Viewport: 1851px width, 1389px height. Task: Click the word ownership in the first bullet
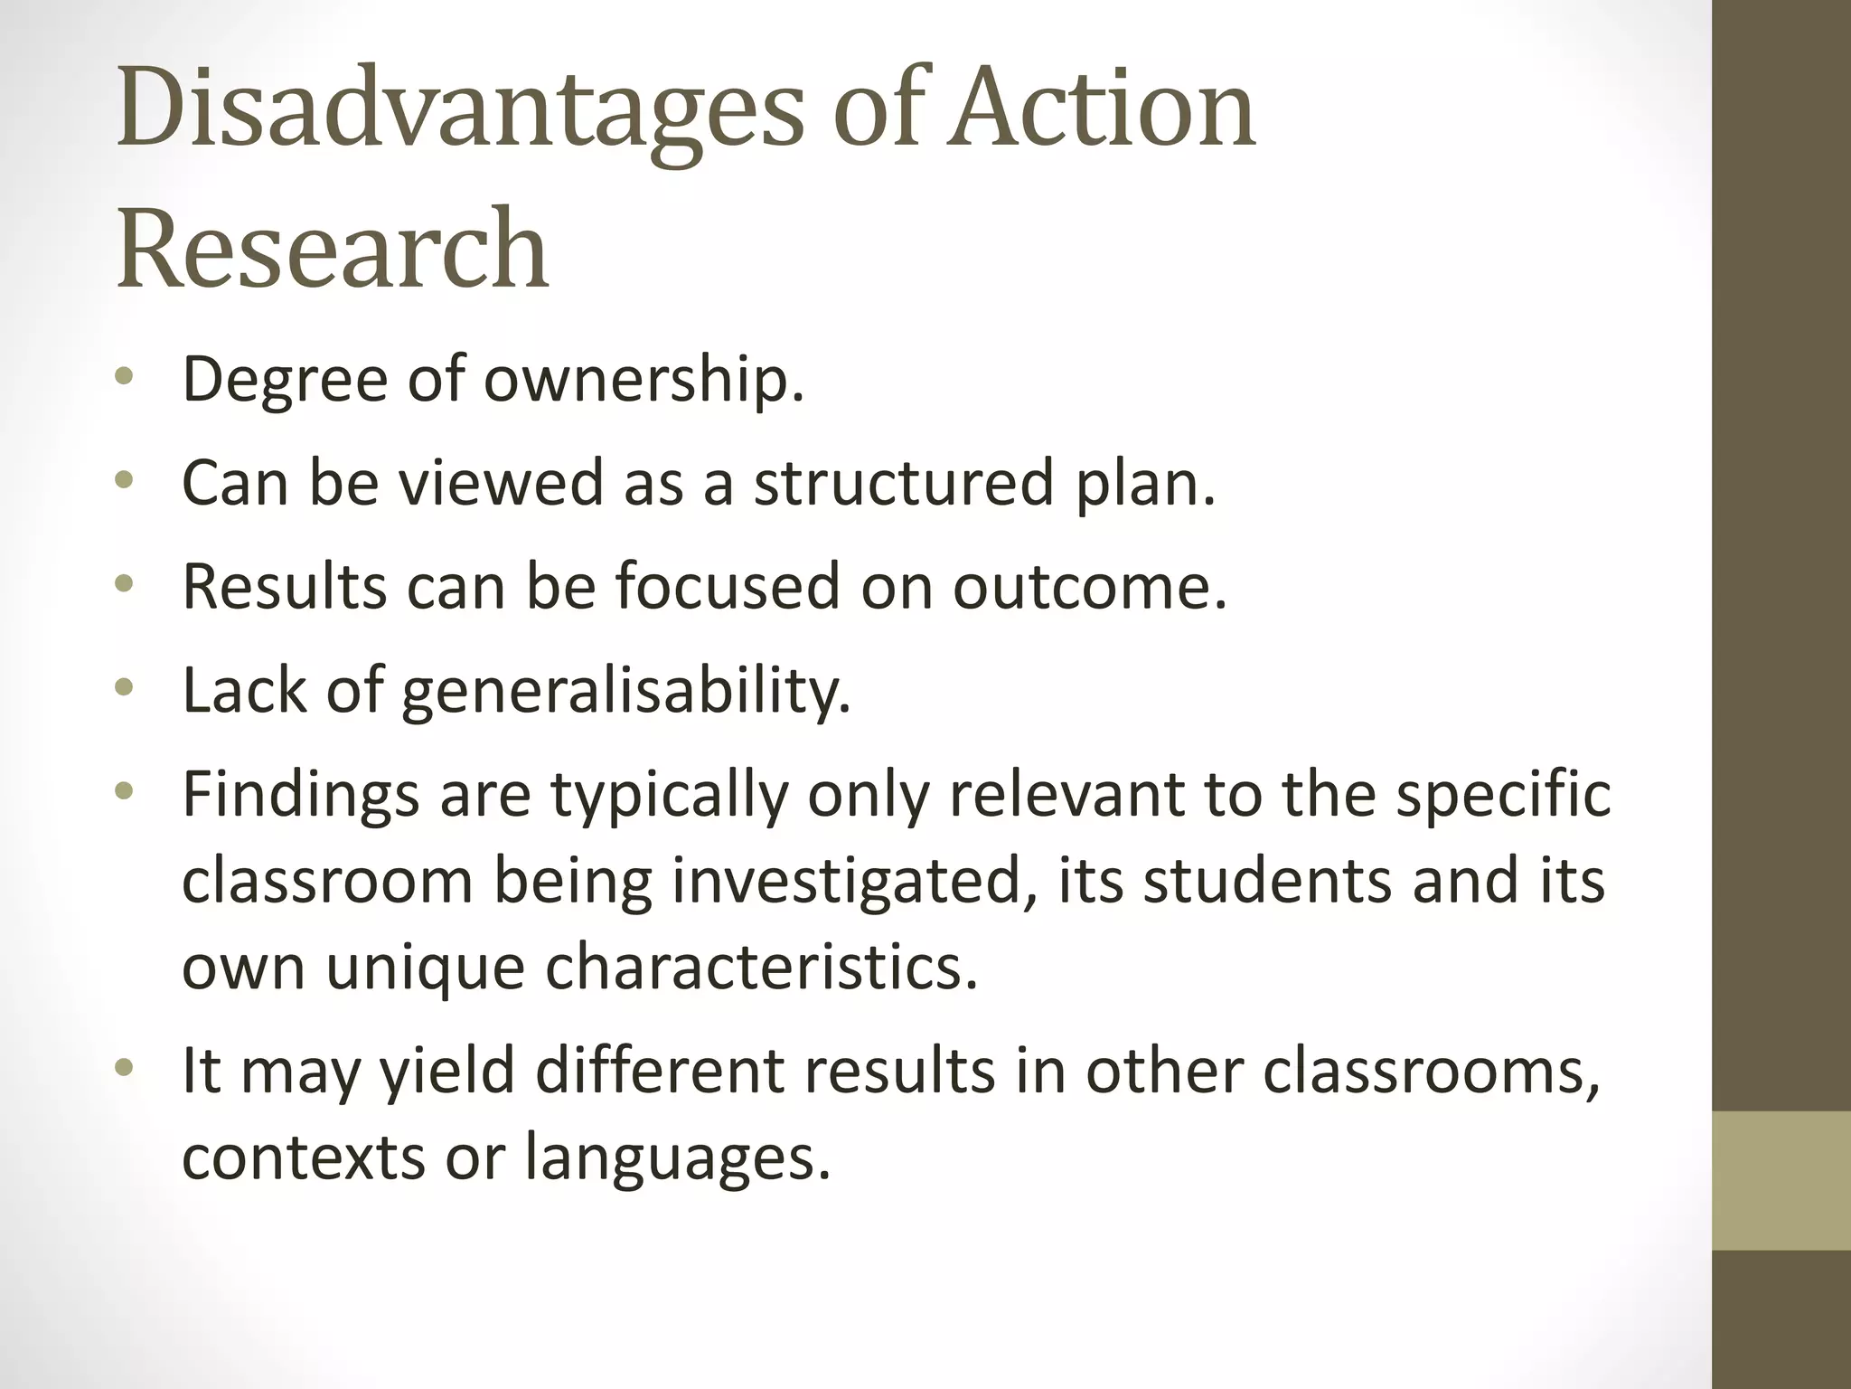pyautogui.click(x=644, y=380)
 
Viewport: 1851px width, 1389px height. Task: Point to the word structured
pyautogui.click(x=904, y=482)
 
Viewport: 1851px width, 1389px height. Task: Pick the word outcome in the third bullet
pyautogui.click(x=1089, y=586)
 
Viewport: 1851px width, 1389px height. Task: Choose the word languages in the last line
pyautogui.click(x=677, y=1157)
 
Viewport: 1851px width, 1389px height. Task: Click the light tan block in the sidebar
pyautogui.click(x=1781, y=1180)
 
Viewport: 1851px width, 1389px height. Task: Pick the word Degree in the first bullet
pyautogui.click(x=285, y=380)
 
